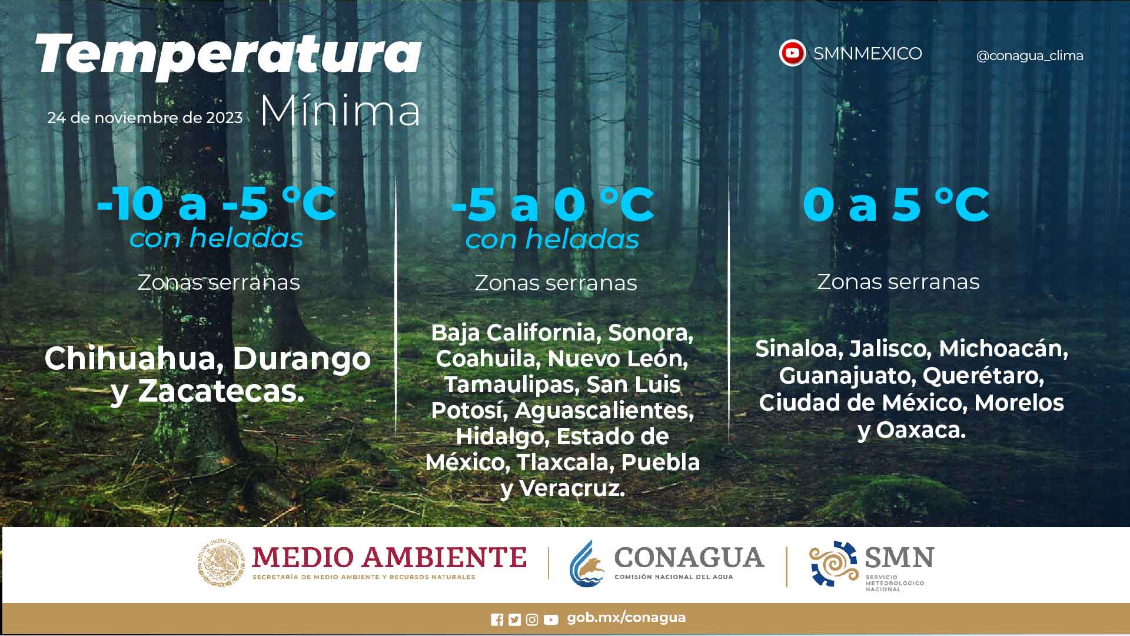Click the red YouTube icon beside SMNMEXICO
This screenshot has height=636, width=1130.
pyautogui.click(x=792, y=54)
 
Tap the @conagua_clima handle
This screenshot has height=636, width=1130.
pyautogui.click(x=1029, y=56)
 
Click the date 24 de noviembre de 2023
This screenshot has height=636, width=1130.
pyautogui.click(x=145, y=118)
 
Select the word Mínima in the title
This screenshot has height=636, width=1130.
pyautogui.click(x=340, y=110)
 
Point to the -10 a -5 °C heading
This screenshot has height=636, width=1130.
pyautogui.click(x=217, y=204)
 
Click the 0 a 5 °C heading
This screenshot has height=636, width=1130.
pyautogui.click(x=896, y=204)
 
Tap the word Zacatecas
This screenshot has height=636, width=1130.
pyautogui.click(x=221, y=392)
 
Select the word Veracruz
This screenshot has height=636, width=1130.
pyautogui.click(x=572, y=488)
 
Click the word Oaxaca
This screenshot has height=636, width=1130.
pyautogui.click(x=921, y=430)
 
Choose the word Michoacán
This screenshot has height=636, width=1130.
pyautogui.click(x=1003, y=349)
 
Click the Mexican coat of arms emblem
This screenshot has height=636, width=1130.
pyautogui.click(x=221, y=563)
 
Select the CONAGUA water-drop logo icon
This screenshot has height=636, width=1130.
pyautogui.click(x=587, y=564)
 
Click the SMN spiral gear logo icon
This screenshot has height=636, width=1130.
pyautogui.click(x=833, y=564)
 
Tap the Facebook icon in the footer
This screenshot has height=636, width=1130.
pyautogui.click(x=497, y=620)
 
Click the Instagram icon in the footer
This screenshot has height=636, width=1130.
pyautogui.click(x=532, y=620)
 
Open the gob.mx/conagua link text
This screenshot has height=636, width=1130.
pyautogui.click(x=626, y=618)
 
